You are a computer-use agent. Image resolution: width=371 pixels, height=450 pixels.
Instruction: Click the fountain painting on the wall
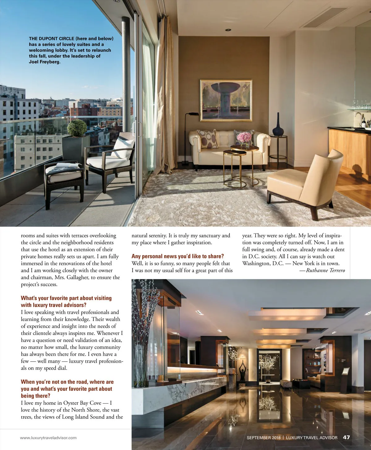tap(226, 100)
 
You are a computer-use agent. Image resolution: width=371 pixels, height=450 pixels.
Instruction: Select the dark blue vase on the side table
tap(278, 125)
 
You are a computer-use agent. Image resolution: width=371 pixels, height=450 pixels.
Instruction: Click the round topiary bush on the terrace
tap(77, 128)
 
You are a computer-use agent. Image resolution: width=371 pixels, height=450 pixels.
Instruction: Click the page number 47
tap(346, 437)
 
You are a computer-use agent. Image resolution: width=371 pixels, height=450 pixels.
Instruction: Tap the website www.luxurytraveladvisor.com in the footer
tap(48, 438)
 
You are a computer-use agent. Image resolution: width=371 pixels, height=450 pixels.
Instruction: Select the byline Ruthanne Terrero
tap(325, 270)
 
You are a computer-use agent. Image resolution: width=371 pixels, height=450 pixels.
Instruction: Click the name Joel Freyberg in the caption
tap(44, 62)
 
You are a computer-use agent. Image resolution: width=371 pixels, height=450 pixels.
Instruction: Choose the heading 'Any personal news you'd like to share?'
tap(177, 256)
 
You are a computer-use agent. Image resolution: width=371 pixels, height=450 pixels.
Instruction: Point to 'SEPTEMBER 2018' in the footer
tap(263, 438)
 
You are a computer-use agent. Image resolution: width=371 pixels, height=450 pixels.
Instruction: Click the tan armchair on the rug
tap(306, 183)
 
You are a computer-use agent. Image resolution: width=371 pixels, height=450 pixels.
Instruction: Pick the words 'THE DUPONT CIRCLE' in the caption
tap(52, 39)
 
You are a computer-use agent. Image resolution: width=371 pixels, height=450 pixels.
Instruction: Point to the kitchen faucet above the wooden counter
tap(358, 119)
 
